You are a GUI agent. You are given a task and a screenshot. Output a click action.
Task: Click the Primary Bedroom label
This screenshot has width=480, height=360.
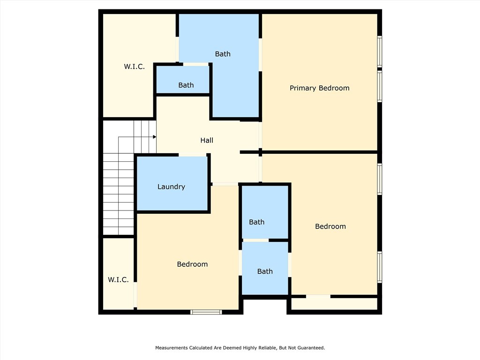[x=319, y=88]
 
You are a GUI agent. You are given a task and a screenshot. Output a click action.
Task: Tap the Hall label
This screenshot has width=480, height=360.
[x=207, y=140]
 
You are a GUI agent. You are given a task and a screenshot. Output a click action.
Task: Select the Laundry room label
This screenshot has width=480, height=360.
[x=171, y=187]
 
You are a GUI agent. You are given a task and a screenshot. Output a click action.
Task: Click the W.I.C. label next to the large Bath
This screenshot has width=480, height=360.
[x=134, y=67]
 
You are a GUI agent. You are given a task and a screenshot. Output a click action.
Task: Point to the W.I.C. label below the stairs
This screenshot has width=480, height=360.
[x=118, y=279]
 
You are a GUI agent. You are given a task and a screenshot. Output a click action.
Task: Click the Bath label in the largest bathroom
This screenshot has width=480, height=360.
[x=223, y=54]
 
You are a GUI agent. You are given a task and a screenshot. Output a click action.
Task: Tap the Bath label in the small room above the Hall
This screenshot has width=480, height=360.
[x=186, y=85]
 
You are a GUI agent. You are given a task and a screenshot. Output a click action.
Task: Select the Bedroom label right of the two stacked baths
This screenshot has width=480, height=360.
[x=330, y=226]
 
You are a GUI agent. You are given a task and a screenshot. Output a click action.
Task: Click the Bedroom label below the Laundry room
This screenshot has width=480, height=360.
[x=192, y=264]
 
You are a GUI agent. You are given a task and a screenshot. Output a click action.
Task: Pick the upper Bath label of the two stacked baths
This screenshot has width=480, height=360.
[x=256, y=222]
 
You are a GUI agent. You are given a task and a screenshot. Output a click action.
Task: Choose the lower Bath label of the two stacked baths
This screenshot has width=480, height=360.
[x=265, y=271]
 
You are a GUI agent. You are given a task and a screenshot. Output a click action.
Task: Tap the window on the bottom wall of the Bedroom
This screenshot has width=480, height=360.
[x=206, y=312]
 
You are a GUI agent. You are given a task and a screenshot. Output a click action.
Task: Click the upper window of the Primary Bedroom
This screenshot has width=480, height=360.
[x=380, y=52]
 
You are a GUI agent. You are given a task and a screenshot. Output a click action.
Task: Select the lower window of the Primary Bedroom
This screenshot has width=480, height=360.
[x=380, y=86]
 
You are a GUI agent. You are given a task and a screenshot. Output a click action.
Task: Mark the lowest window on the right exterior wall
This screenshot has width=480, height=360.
[x=380, y=267]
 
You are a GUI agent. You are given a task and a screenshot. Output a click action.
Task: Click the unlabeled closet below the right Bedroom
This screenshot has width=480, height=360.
[x=334, y=304]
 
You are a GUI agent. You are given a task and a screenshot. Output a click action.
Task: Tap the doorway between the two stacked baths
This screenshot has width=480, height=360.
[x=255, y=240]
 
